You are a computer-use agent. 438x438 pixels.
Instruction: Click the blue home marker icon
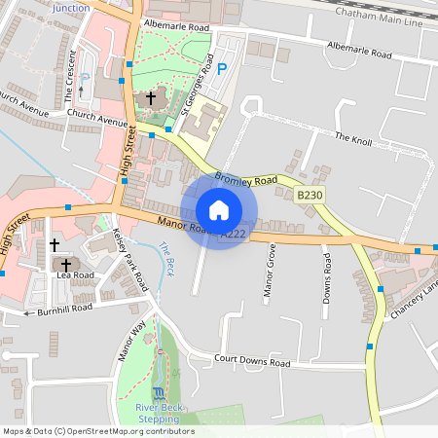click(219, 209)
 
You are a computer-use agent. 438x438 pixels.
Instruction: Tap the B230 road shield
click(309, 196)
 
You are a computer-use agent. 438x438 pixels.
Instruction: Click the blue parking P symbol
click(222, 69)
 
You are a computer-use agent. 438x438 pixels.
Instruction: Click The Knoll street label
click(353, 138)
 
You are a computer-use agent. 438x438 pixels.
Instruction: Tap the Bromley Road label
click(245, 178)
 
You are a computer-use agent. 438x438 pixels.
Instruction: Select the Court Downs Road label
click(252, 362)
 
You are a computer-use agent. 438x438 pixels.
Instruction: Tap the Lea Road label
click(76, 275)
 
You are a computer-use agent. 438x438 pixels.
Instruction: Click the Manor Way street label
click(132, 339)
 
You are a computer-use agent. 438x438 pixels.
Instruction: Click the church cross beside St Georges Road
click(151, 98)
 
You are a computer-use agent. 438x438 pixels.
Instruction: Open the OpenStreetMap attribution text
click(98, 431)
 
